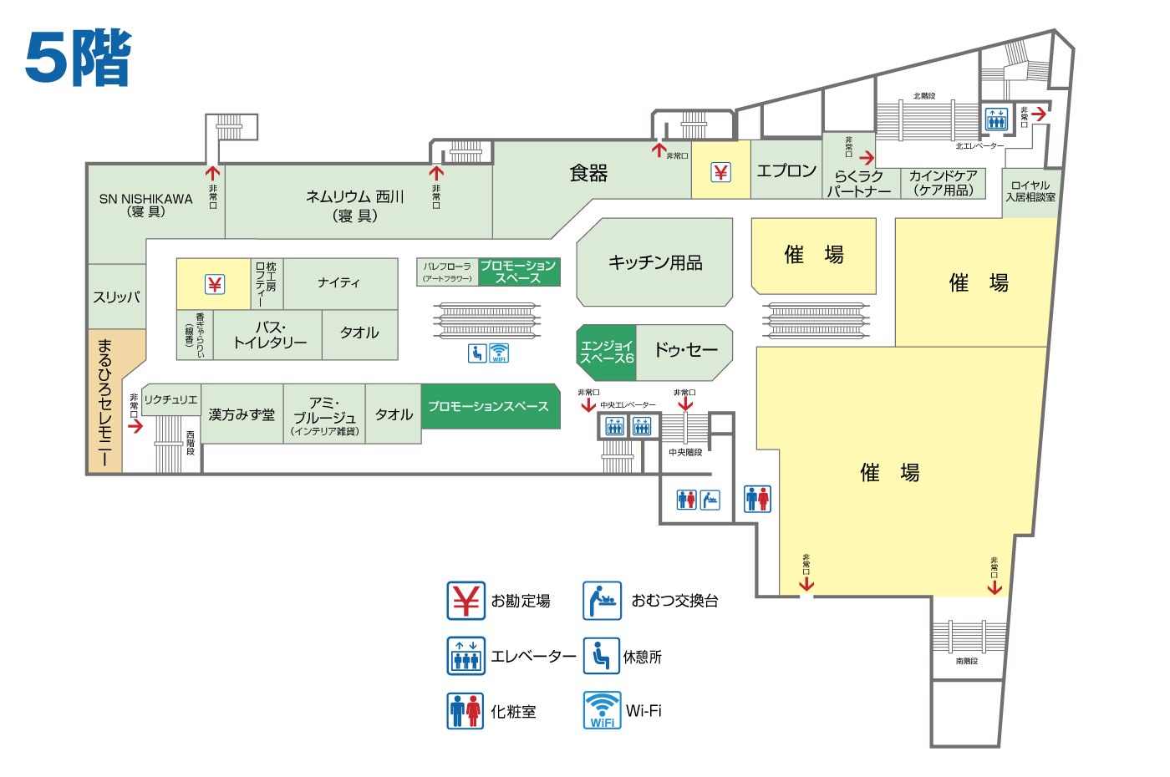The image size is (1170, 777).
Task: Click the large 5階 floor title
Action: tap(78, 58)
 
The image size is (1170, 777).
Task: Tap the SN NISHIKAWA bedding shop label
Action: tap(145, 205)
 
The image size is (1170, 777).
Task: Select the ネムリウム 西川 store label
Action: tap(355, 206)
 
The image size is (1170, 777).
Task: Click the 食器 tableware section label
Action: tap(588, 173)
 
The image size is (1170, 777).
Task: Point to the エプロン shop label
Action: tap(786, 171)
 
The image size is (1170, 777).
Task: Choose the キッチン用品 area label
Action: tap(655, 262)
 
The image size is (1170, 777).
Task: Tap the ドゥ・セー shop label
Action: tap(685, 350)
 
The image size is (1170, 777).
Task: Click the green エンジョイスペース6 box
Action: tap(607, 352)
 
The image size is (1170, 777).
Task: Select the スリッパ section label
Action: tap(116, 297)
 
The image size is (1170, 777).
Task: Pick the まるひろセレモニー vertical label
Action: tap(104, 402)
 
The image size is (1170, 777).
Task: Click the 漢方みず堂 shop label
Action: tap(242, 414)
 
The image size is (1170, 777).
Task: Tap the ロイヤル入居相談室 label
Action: tap(1030, 191)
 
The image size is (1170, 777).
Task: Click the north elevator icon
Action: tap(996, 119)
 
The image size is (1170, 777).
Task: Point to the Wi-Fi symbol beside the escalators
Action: tap(499, 353)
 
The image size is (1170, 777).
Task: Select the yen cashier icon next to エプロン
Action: tap(720, 172)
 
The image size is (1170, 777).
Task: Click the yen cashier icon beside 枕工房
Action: tap(215, 285)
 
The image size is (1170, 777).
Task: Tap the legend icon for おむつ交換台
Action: tap(602, 601)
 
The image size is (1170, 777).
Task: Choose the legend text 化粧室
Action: tap(513, 712)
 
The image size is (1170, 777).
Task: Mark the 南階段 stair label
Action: tap(967, 661)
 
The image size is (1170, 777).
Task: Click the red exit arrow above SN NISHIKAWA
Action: tap(213, 174)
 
